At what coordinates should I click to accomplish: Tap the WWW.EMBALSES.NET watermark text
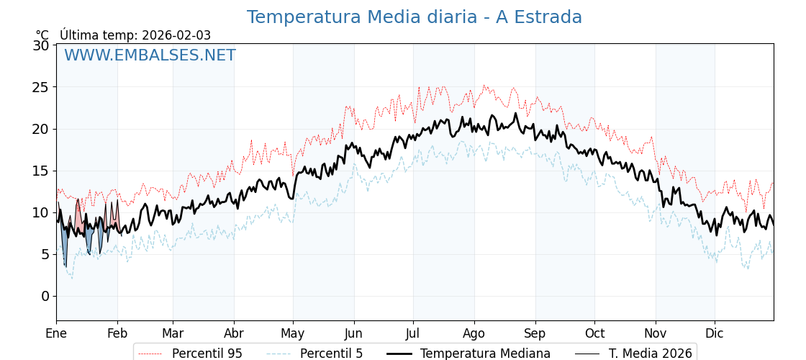click(150, 55)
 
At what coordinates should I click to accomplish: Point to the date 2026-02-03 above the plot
click(176, 35)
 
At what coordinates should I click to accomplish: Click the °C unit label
click(42, 35)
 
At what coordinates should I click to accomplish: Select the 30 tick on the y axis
click(41, 45)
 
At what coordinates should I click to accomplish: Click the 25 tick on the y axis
click(41, 87)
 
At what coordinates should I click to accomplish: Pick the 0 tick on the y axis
click(45, 296)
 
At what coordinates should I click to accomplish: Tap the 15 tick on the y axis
click(41, 171)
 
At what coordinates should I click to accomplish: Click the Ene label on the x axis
click(56, 334)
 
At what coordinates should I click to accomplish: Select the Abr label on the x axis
click(234, 334)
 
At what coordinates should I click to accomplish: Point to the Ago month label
click(474, 334)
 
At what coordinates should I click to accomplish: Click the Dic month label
click(715, 334)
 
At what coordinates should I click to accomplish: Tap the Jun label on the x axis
click(353, 334)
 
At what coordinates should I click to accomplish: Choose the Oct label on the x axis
click(594, 334)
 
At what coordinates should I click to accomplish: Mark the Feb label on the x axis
click(117, 334)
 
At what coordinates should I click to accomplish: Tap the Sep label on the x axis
click(535, 334)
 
